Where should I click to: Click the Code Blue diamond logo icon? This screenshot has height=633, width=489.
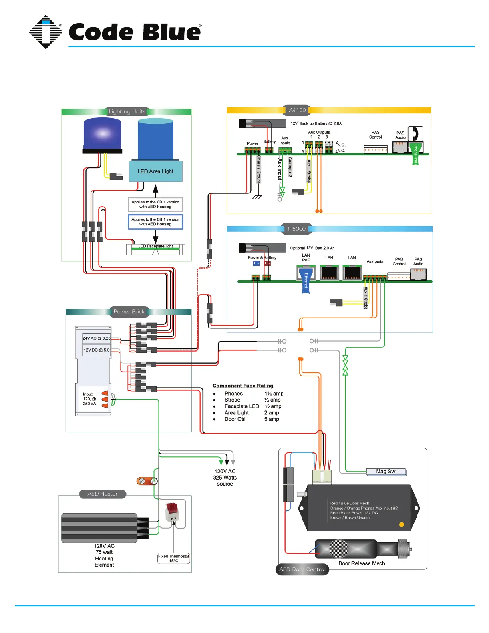(x=46, y=32)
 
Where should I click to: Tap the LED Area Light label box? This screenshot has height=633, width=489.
(x=155, y=171)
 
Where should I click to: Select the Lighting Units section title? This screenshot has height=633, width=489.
(x=127, y=112)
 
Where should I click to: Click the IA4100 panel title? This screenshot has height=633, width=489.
(x=296, y=110)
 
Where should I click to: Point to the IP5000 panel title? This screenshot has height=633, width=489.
(x=296, y=229)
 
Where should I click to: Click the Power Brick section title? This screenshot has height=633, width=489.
(x=129, y=312)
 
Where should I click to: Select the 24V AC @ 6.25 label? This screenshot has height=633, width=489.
(x=96, y=338)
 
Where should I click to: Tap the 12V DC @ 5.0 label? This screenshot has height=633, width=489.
(x=96, y=350)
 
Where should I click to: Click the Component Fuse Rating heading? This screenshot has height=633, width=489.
(x=243, y=386)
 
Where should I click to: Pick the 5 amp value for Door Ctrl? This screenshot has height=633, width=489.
(x=272, y=419)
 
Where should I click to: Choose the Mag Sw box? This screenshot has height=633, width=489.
(x=386, y=472)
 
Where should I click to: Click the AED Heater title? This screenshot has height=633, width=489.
(x=103, y=494)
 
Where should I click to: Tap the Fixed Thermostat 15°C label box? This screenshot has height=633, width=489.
(x=173, y=558)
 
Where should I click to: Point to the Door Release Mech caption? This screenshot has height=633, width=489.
(x=362, y=563)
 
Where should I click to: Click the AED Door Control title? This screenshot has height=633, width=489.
(x=302, y=569)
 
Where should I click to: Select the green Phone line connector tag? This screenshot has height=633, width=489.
(x=415, y=154)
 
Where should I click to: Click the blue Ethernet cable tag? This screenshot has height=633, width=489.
(x=306, y=281)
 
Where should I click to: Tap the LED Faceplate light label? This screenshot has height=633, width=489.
(x=156, y=246)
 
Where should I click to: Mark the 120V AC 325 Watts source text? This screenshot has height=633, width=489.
(x=225, y=478)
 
